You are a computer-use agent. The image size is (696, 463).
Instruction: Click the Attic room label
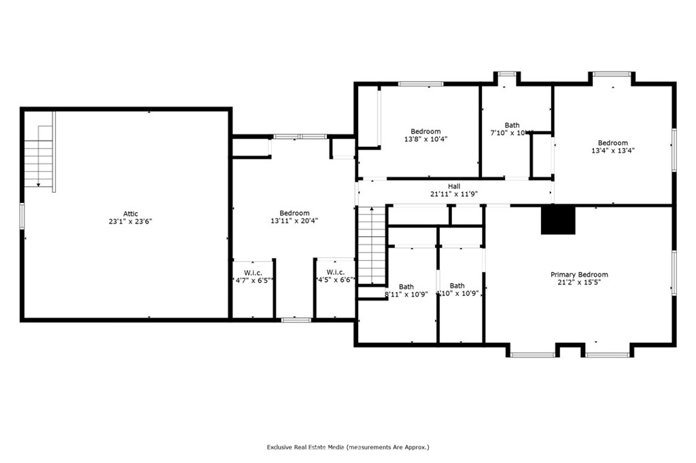pos(130,214)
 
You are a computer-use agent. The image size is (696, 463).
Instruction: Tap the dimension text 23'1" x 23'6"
pos(130,221)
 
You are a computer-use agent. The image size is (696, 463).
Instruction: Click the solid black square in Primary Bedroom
pos(558,220)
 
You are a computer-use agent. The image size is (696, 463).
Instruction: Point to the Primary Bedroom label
pos(579,274)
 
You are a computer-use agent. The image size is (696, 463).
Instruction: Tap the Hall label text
pos(454,186)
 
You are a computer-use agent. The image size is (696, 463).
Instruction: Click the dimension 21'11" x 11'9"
pos(454,193)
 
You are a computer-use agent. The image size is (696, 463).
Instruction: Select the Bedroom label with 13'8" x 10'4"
pos(425,131)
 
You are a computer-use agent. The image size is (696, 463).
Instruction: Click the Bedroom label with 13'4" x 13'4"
pos(613,143)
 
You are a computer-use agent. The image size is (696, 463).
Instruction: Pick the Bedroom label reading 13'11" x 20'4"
pos(294,212)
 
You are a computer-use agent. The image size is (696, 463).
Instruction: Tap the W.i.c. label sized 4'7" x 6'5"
pos(253,272)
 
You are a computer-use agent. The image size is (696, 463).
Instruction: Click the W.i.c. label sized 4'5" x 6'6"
pos(335,272)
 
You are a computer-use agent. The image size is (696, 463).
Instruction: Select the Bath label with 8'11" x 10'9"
pos(406,286)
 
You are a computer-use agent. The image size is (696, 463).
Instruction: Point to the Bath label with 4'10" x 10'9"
pos(457,286)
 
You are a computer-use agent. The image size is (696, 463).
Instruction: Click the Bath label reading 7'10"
pos(512,125)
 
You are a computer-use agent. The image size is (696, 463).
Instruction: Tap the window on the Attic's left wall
pos(22,216)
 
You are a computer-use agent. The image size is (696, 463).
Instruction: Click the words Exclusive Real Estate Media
pos(305,447)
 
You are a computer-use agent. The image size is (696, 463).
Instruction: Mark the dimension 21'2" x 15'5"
pos(579,282)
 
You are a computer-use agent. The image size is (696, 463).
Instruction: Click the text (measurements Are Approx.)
pos(388,447)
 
